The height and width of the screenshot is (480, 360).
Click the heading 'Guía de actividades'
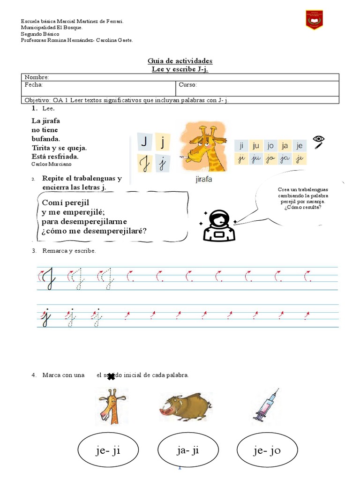tap(180, 61)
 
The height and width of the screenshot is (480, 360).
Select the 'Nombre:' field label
tap(37, 77)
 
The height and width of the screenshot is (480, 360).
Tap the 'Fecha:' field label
tap(34, 84)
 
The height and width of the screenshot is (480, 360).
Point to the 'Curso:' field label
tap(188, 84)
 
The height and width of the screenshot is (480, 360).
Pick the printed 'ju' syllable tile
tap(255, 146)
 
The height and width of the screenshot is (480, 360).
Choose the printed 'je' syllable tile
tap(300, 146)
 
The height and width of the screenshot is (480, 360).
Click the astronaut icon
tap(218, 225)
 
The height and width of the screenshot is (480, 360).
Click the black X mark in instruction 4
tap(111, 376)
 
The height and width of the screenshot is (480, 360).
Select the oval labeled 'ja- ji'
tap(188, 450)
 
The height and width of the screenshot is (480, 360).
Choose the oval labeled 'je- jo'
tap(267, 450)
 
